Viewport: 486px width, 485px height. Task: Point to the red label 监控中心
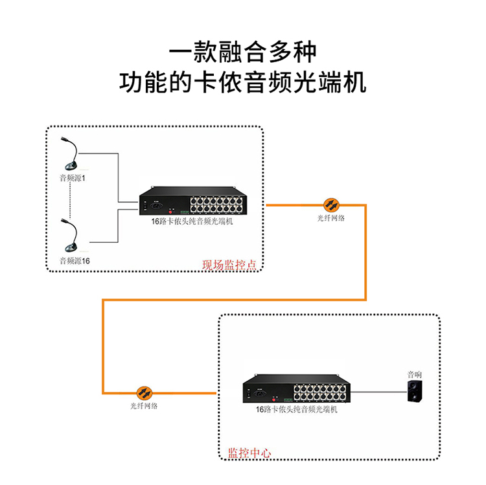coord(249,453)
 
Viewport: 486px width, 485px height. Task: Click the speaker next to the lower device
coord(414,392)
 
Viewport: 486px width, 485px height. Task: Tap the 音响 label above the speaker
coord(414,374)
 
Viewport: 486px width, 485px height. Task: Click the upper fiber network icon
coord(330,205)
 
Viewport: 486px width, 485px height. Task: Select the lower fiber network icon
coord(144,392)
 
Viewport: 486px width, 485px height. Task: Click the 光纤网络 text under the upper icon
coord(330,218)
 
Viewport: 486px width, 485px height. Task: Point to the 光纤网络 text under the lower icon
coord(144,406)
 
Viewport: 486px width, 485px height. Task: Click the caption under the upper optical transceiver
coord(192,221)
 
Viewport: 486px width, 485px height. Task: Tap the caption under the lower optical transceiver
coord(296,409)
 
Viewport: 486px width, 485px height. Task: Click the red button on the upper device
coord(172,210)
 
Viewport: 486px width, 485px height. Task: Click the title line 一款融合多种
coord(243,52)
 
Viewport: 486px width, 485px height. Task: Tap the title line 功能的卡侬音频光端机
coord(243,82)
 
